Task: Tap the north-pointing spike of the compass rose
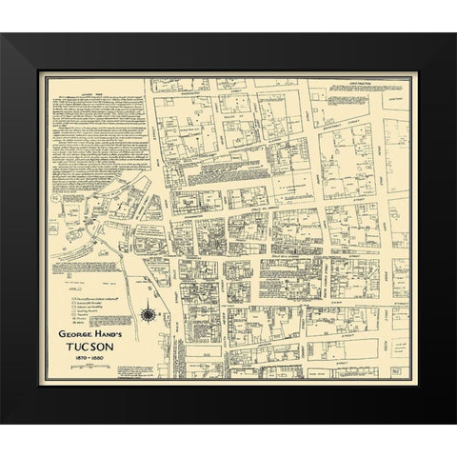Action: pos(149,305)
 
